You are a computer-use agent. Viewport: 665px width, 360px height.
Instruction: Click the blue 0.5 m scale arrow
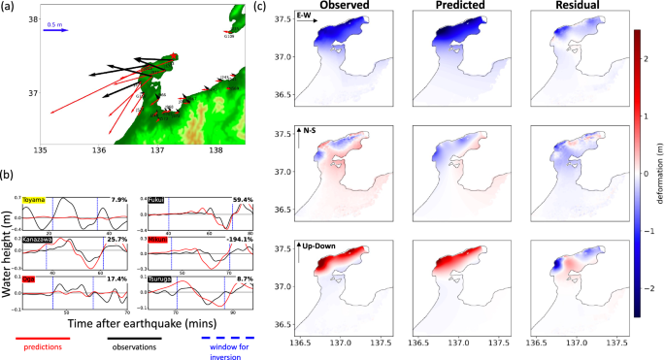tap(55, 30)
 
